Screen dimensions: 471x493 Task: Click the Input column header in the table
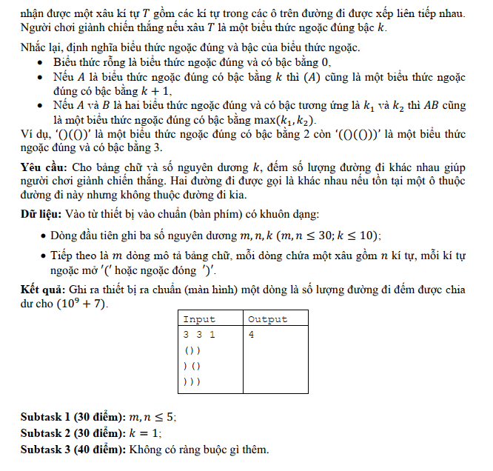pyautogui.click(x=198, y=319)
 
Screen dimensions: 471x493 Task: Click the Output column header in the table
pyautogui.click(x=267, y=319)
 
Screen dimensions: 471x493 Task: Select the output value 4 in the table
pyautogui.click(x=252, y=335)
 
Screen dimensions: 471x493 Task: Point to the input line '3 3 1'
pyautogui.click(x=198, y=335)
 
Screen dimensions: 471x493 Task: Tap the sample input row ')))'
pyautogui.click(x=192, y=382)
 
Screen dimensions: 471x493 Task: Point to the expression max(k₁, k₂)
pyautogui.click(x=281, y=120)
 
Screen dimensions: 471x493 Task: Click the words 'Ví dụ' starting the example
pyautogui.click(x=32, y=134)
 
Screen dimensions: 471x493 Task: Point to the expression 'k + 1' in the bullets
pyautogui.click(x=153, y=91)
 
